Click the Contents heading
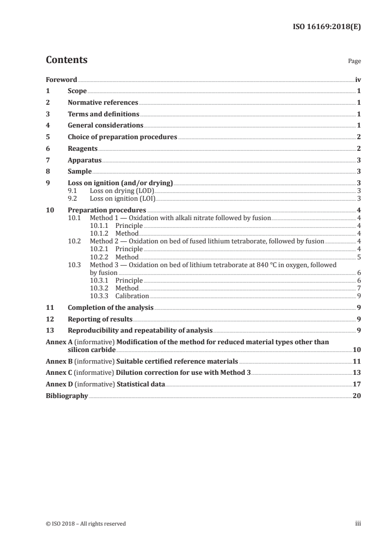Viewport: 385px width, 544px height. pyautogui.click(x=67, y=60)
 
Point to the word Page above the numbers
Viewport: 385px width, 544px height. pyautogui.click(x=354, y=62)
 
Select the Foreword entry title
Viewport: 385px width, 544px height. pyautogui.click(x=61, y=80)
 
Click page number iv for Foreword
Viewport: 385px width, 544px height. pyautogui.click(x=358, y=80)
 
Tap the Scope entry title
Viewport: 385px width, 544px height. pyautogui.click(x=77, y=91)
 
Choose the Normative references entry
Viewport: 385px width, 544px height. pyautogui.click(x=103, y=103)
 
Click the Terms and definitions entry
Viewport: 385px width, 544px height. pyautogui.click(x=103, y=114)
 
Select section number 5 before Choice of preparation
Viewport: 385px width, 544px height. pyautogui.click(x=48, y=137)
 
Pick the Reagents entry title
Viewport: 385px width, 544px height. pyautogui.click(x=83, y=149)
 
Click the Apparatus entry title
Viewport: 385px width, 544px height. pyautogui.click(x=84, y=160)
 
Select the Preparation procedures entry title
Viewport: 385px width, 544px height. pyautogui.click(x=107, y=210)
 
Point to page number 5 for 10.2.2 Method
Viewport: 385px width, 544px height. pyautogui.click(x=359, y=257)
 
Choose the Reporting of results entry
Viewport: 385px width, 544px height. pyautogui.click(x=100, y=319)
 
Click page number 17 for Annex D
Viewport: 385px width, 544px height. pyautogui.click(x=357, y=384)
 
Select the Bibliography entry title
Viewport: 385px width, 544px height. pyautogui.click(x=67, y=396)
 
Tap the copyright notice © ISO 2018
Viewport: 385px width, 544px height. pyautogui.click(x=85, y=524)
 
